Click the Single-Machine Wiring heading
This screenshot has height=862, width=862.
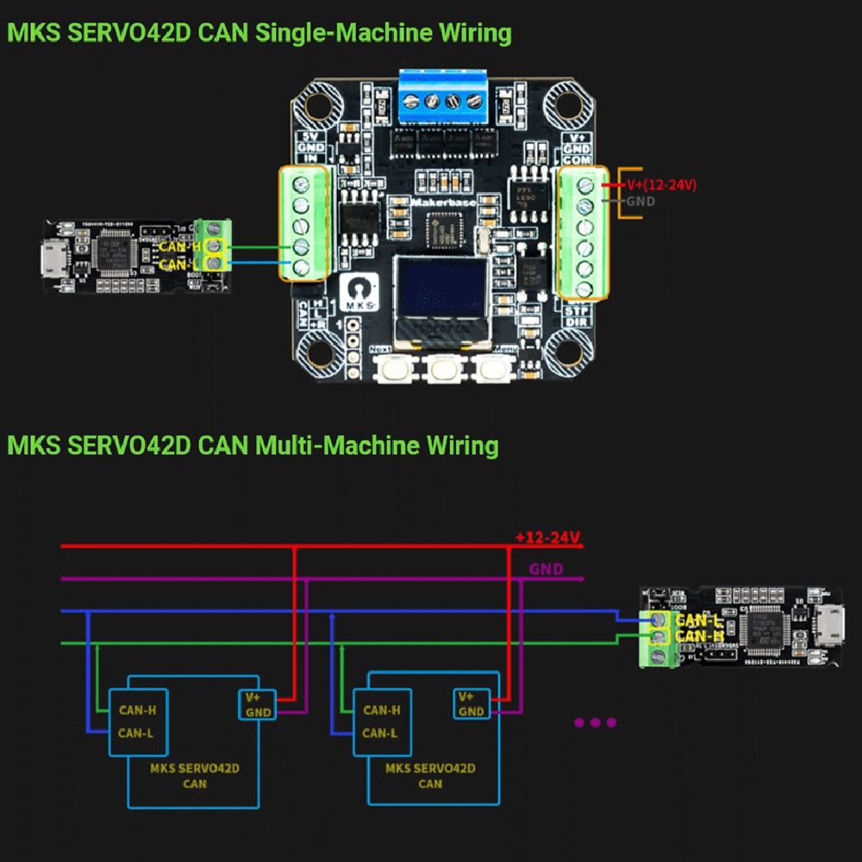[x=259, y=34]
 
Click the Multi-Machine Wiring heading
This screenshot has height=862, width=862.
[x=253, y=446]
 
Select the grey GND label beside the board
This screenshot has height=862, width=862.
[x=640, y=201]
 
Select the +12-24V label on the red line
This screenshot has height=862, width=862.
[x=548, y=537]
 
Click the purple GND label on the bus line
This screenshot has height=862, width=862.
[x=546, y=569]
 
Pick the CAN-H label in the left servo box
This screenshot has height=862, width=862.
[x=138, y=710]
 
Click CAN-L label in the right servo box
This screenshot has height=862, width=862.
[x=380, y=733]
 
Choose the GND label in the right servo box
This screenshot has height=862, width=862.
[x=471, y=711]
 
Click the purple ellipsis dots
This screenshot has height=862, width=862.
[x=595, y=722]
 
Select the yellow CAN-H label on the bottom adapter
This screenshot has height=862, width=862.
[x=699, y=636]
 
